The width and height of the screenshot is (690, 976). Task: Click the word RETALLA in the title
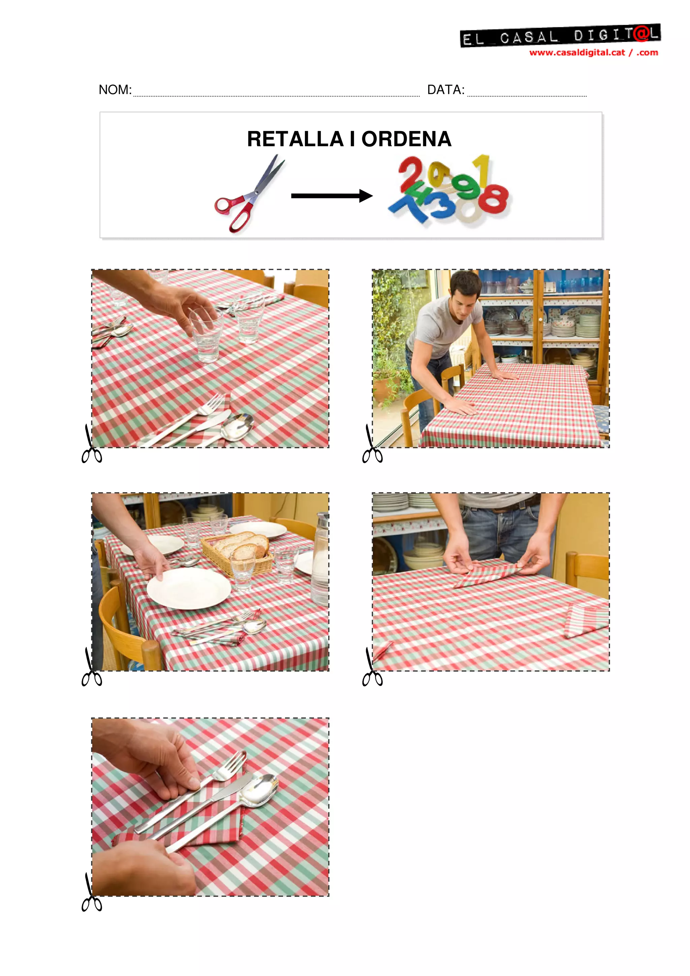tap(295, 139)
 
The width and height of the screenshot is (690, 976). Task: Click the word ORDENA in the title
tap(406, 139)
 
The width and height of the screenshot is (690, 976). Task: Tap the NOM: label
tap(115, 90)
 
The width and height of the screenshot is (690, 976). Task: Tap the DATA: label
tap(445, 90)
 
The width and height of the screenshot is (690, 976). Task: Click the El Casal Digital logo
tap(560, 36)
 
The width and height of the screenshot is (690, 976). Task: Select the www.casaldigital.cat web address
tap(577, 53)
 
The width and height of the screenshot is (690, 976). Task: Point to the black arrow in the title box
tap(332, 196)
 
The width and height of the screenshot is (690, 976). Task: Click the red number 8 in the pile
tap(494, 198)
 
